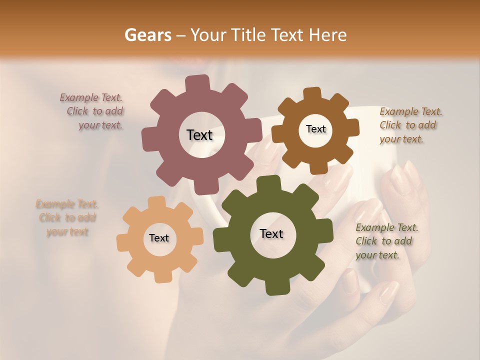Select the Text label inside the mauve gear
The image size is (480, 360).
pos(199,135)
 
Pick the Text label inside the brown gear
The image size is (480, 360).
pos(315,129)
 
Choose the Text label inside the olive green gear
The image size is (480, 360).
pos(271,233)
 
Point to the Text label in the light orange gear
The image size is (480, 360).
pos(159,238)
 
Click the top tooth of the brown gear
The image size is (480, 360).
pos(312,93)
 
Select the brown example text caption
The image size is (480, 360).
pos(410,125)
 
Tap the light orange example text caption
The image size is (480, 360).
pos(67,218)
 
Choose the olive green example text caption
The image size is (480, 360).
pos(386,241)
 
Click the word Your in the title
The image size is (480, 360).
pos(206,35)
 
